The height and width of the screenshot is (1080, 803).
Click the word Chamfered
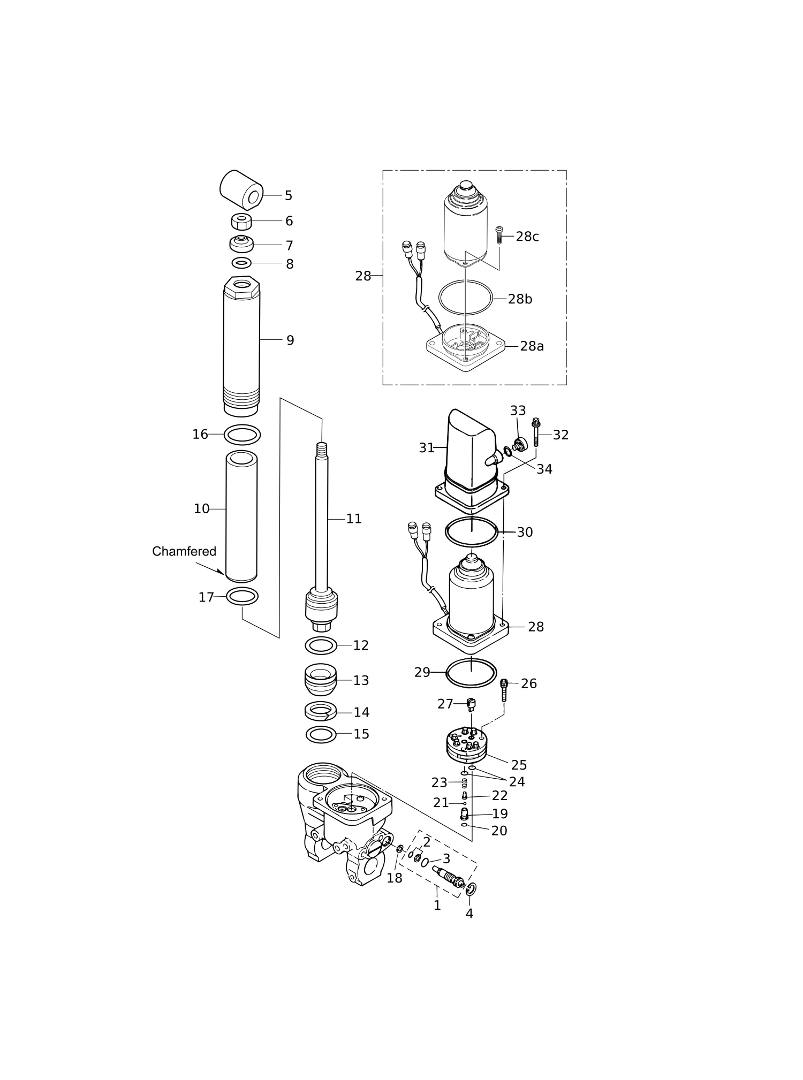184,551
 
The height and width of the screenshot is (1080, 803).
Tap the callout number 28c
527,237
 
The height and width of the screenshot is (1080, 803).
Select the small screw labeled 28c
499,235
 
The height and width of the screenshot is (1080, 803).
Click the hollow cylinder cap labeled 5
241,190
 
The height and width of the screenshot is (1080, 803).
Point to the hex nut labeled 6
241,220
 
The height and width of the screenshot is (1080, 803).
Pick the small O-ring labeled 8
241,263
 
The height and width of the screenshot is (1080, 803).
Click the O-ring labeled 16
242,435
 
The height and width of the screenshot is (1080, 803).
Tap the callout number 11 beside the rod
354,519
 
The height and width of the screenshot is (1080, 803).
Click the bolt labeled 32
536,433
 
